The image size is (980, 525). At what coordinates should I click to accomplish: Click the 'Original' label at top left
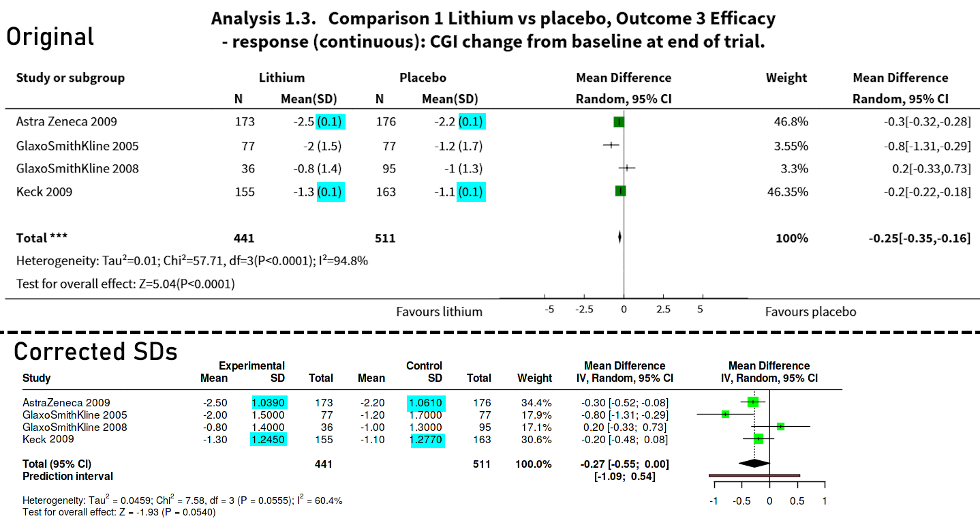(50, 37)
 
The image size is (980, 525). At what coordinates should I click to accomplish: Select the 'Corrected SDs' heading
(95, 352)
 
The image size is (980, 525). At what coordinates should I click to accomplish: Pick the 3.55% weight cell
(793, 145)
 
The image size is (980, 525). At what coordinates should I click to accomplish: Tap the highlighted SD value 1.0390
(269, 403)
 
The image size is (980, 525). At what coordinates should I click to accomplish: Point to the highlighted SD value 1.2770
(426, 440)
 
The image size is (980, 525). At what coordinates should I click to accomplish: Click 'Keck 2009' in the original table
(44, 192)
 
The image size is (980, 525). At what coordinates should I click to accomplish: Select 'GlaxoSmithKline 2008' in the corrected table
(74, 427)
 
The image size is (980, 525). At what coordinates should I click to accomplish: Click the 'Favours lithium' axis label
(439, 312)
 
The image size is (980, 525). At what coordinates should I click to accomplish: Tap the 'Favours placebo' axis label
(810, 312)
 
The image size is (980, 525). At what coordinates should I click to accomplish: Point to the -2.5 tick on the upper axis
(583, 310)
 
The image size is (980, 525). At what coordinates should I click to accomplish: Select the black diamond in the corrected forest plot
(754, 464)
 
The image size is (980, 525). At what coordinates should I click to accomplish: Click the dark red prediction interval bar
(754, 475)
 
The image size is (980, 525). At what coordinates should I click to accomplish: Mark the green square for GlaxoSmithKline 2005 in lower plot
(725, 415)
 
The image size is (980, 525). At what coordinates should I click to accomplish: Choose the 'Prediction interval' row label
(67, 476)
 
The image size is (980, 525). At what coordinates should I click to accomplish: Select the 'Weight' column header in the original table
(786, 78)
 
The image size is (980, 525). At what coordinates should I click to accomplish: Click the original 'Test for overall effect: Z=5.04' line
(125, 284)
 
